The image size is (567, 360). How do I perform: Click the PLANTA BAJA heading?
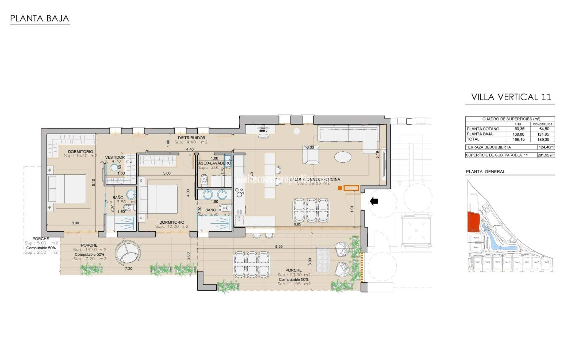(x=40, y=18)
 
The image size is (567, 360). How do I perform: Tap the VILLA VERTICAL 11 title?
(x=511, y=97)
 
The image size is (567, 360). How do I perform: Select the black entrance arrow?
(x=374, y=201)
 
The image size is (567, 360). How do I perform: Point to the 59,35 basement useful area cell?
(x=519, y=129)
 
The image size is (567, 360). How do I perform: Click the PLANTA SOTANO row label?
(x=483, y=129)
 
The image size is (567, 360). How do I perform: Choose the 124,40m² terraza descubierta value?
(x=546, y=147)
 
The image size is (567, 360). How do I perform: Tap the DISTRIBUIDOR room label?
(x=191, y=138)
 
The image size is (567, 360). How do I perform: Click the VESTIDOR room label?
(x=115, y=157)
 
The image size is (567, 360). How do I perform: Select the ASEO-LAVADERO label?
(x=214, y=163)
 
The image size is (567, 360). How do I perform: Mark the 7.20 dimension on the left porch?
(x=128, y=268)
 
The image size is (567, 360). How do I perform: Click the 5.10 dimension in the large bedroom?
(x=93, y=182)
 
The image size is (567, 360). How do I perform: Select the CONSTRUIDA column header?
(x=543, y=124)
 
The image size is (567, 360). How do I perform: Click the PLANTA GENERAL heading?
(x=485, y=172)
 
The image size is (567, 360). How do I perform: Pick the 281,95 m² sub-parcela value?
(x=546, y=155)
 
